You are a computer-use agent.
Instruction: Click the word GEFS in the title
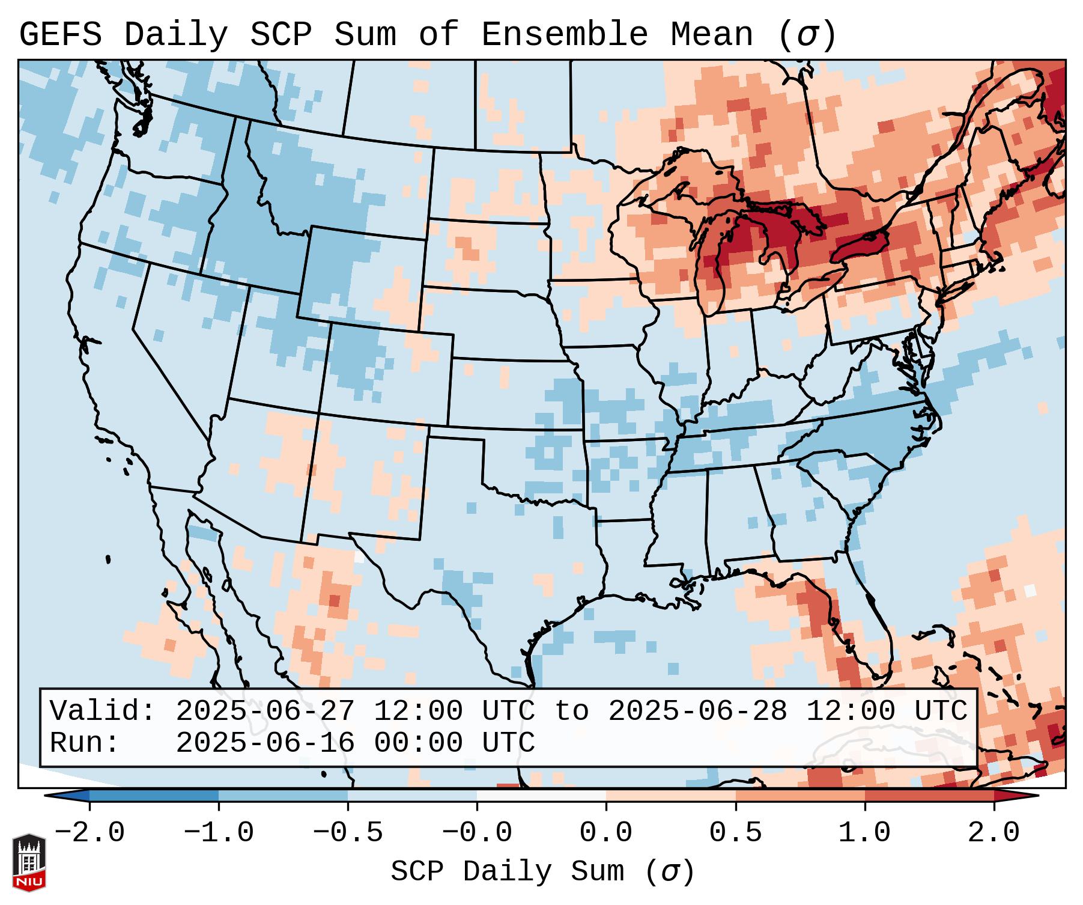coord(60,35)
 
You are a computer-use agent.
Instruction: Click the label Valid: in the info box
coord(103,712)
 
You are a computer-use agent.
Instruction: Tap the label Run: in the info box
coord(85,743)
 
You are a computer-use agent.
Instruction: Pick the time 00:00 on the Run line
coord(418,743)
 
